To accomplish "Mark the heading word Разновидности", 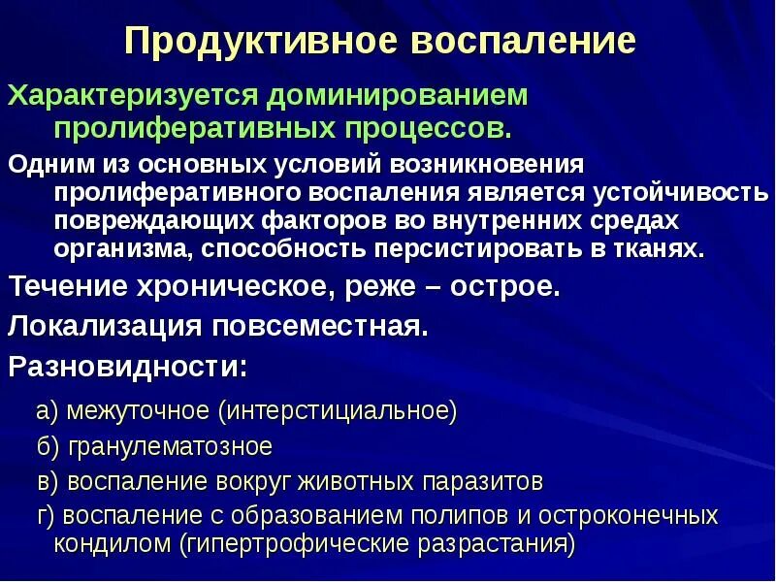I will click(x=124, y=367).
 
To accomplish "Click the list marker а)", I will click(x=48, y=410).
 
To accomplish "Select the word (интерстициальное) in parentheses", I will click(x=338, y=410).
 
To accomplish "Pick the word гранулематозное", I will click(x=169, y=446).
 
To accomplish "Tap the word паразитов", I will click(x=476, y=480).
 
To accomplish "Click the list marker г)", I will click(x=48, y=514).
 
